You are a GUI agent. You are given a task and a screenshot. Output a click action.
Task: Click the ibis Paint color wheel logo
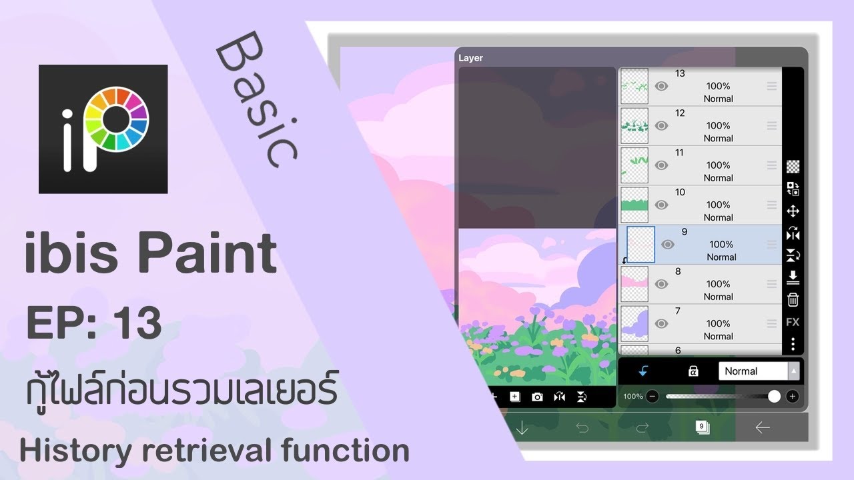[103, 129]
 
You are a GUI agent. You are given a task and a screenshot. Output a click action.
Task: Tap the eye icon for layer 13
[661, 86]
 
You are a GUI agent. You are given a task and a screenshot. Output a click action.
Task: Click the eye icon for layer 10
[661, 205]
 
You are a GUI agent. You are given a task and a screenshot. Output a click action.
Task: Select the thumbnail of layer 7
[634, 324]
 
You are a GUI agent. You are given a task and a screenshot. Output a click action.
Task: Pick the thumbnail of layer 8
[634, 284]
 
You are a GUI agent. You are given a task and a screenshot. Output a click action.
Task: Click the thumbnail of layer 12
[634, 125]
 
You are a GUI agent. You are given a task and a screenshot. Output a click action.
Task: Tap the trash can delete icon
[793, 300]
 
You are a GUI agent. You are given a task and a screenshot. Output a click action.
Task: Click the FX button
[793, 322]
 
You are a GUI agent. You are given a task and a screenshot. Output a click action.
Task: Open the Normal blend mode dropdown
[759, 371]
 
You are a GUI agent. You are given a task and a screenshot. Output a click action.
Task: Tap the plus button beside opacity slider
[793, 397]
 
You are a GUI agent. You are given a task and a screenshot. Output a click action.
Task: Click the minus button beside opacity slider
[653, 397]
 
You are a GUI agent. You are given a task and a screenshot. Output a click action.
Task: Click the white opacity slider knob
[774, 397]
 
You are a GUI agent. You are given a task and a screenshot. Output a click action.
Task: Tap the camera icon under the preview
[537, 397]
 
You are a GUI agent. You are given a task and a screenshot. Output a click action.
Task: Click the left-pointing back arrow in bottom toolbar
[763, 427]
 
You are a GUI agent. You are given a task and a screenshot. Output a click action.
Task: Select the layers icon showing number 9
[702, 427]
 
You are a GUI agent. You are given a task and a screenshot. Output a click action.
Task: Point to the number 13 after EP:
[137, 323]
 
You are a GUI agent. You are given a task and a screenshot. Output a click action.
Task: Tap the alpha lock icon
[693, 371]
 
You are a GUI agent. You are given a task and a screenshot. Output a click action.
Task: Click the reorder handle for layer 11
[772, 165]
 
